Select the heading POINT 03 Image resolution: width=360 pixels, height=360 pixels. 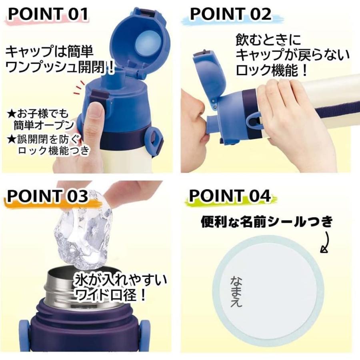click(48, 196)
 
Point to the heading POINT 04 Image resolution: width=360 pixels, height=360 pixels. click(230, 196)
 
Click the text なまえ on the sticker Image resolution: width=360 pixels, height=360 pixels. click(236, 291)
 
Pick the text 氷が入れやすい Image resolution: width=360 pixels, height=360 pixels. click(120, 279)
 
